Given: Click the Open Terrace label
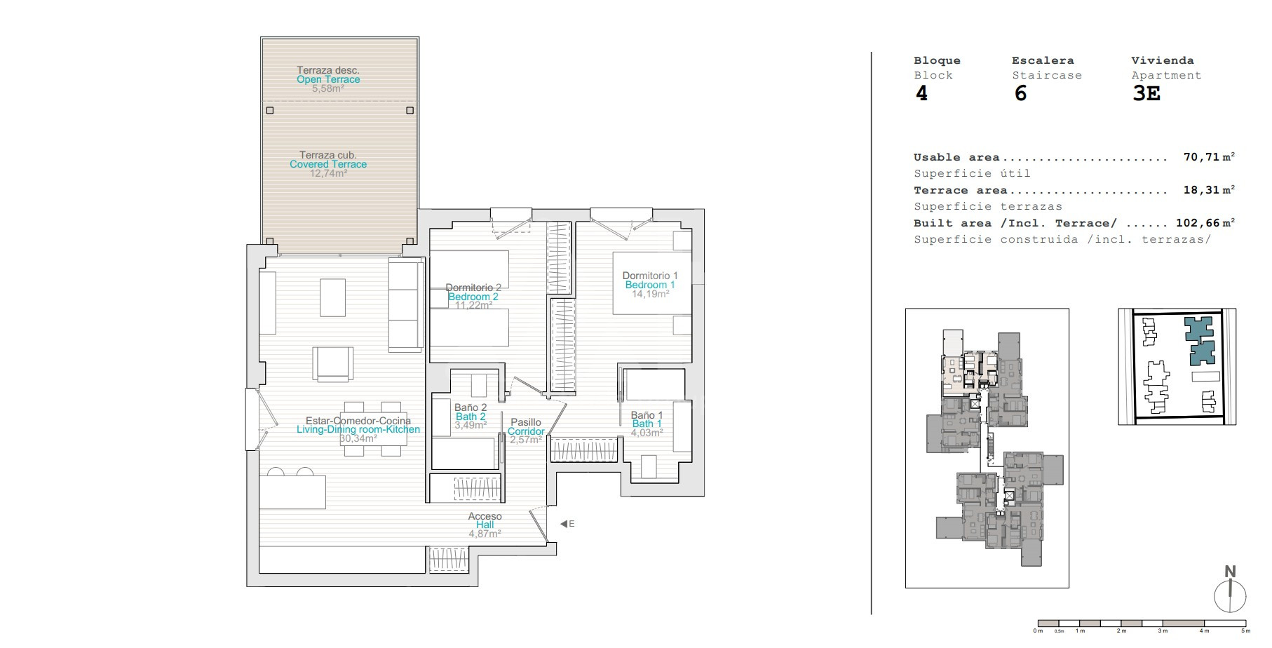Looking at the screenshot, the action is (328, 79).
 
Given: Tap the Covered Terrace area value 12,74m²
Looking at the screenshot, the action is (328, 173).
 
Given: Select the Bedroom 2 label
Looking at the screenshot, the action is (473, 297).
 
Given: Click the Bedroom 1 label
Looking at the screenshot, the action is (650, 285).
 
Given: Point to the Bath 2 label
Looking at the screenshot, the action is (471, 417).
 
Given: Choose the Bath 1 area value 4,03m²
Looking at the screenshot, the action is (647, 433).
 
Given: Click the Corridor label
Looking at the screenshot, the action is (526, 431).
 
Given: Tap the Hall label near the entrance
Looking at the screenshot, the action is (485, 525).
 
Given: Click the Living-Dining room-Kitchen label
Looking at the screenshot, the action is (358, 429).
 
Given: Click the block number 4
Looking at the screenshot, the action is (921, 93).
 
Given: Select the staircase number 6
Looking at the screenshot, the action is (1020, 93).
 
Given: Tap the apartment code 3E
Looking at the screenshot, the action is (1146, 93).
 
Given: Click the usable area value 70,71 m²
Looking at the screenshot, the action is (1209, 157).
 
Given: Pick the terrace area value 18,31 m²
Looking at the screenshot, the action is (1209, 190).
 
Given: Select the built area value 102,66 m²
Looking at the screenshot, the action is (1205, 223).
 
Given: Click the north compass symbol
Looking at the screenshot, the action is (1230, 590).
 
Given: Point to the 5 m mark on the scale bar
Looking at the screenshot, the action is (1246, 630).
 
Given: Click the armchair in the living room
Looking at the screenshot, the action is (332, 364).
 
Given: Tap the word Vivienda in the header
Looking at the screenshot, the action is (1162, 60).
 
